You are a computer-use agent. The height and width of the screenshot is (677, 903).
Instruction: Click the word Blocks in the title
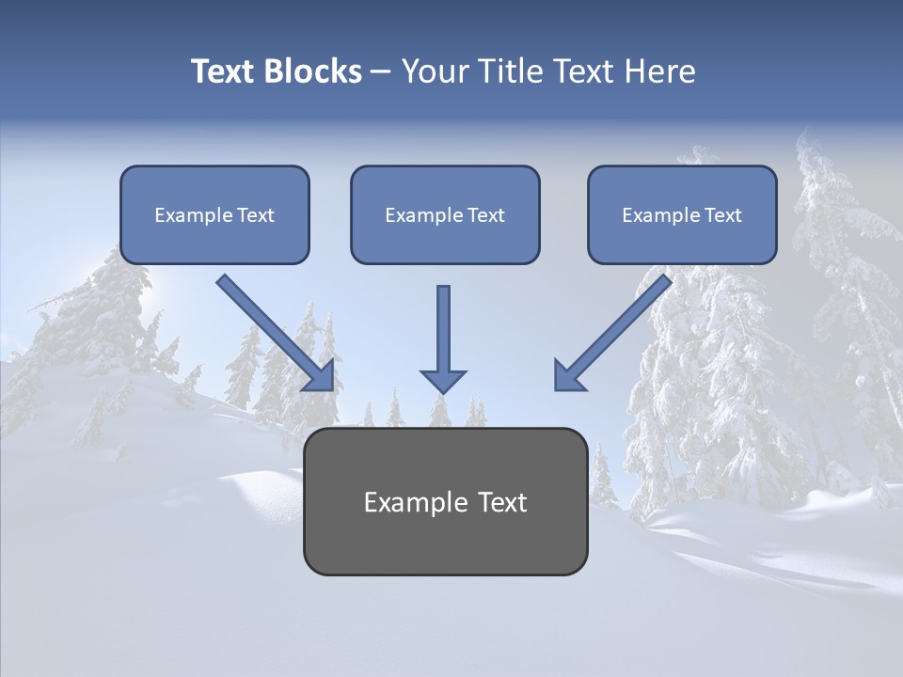pyautogui.click(x=315, y=71)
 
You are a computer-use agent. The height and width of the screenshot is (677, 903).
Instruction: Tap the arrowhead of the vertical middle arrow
pyautogui.click(x=443, y=381)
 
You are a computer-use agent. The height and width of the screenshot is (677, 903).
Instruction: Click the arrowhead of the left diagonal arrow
pyautogui.click(x=320, y=376)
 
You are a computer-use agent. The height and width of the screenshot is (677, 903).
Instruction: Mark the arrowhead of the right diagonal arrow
pyautogui.click(x=567, y=375)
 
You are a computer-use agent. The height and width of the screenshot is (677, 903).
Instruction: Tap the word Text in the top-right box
pyautogui.click(x=723, y=215)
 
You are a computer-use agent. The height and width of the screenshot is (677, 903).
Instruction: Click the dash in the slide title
pyautogui.click(x=381, y=71)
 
